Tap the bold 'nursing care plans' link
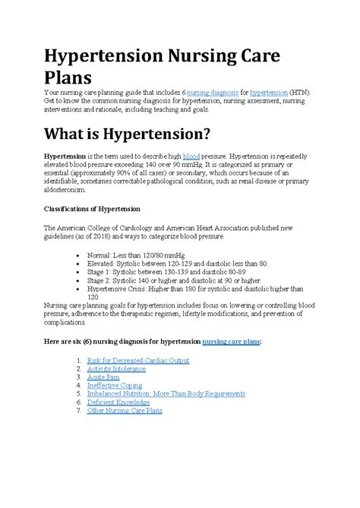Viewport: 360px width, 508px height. (226, 342)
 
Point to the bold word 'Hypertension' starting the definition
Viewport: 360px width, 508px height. (65, 154)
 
